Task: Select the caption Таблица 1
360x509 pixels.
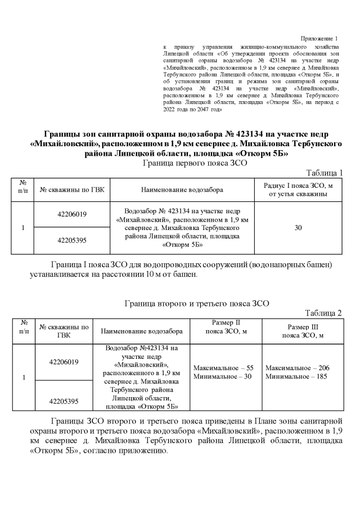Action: click(324, 172)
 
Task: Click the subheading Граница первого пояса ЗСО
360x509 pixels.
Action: click(195, 163)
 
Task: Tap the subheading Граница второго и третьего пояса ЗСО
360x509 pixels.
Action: click(196, 303)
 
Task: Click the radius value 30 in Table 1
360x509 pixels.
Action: click(298, 228)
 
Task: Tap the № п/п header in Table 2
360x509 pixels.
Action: click(24, 327)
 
